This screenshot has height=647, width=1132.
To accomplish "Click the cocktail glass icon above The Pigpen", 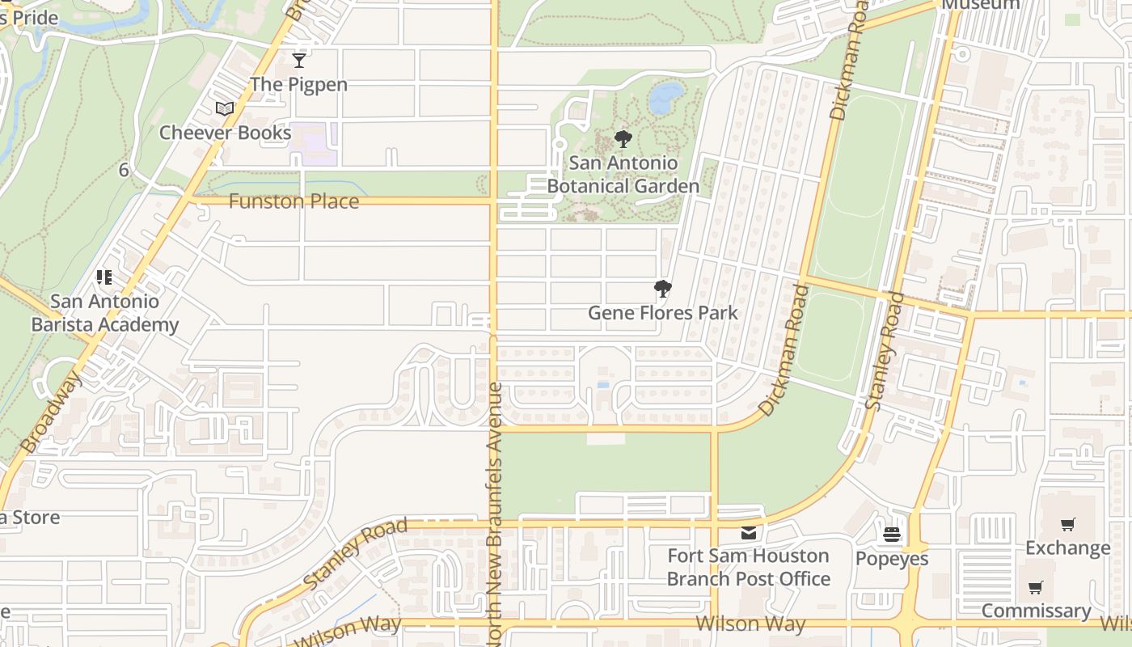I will pos(299,61).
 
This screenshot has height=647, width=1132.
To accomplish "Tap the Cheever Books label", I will pos(225,133).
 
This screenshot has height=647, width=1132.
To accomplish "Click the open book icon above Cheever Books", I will pos(224,109).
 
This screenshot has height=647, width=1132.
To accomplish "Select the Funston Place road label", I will pos(294,201).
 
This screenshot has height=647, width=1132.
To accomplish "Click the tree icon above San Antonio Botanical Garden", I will pos(623,139).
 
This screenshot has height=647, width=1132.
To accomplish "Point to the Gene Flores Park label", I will pos(662,313).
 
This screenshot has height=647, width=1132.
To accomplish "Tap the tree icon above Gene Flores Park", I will pos(662,289).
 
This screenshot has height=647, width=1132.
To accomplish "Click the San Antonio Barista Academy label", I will pos(104,313).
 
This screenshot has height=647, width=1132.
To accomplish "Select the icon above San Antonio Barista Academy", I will pos(103,277).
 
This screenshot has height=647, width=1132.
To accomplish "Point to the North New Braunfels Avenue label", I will pos(496,514).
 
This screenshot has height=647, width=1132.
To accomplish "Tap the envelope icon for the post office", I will pos(749,533).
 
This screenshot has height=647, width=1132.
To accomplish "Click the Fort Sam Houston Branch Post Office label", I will pos(748,568).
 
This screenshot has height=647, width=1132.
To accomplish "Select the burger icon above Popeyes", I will pos(892,535).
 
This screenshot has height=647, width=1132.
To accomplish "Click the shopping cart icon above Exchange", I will pos(1067,524).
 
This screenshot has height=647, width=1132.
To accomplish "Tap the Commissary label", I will pos(1036,611).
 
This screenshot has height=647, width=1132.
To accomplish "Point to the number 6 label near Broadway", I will pos(124,170).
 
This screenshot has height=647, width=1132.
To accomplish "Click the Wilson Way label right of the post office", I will pos(750,624).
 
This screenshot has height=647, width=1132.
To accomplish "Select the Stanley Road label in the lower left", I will pos(356,554).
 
